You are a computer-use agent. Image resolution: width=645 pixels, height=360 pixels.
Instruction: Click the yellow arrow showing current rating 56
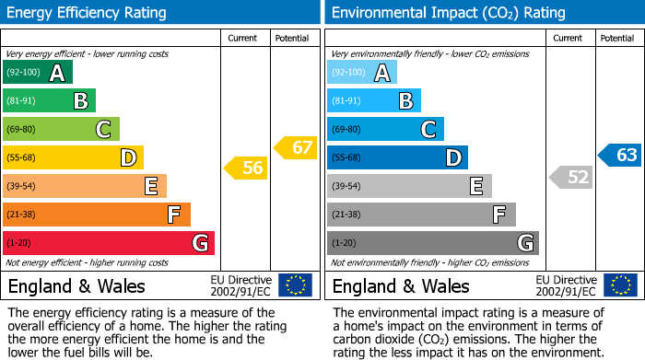(x=244, y=168)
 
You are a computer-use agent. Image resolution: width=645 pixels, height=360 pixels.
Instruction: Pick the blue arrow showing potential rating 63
(x=619, y=155)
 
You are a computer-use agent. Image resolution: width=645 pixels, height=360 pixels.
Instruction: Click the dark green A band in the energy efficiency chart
(x=38, y=73)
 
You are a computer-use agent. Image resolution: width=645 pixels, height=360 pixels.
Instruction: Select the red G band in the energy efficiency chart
(x=109, y=243)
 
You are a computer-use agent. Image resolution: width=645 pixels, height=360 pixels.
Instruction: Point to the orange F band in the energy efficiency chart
(x=97, y=215)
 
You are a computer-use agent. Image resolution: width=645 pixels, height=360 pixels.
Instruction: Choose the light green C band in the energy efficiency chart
(x=62, y=130)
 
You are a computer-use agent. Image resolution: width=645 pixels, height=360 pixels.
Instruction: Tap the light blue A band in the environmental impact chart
(x=362, y=73)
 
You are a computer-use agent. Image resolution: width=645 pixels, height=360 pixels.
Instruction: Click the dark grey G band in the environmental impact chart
(x=432, y=243)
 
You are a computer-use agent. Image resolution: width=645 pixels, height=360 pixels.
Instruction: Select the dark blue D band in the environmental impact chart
(x=397, y=158)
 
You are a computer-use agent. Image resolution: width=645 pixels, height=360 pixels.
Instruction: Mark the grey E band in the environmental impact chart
(x=409, y=186)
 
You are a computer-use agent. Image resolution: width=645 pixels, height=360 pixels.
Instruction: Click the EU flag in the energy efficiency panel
(x=295, y=285)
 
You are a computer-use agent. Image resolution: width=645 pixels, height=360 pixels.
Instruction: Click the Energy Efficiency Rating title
(x=87, y=13)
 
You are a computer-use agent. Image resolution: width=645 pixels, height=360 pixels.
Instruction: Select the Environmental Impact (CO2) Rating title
(x=448, y=13)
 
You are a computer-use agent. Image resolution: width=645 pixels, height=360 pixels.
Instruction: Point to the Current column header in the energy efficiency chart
(x=244, y=38)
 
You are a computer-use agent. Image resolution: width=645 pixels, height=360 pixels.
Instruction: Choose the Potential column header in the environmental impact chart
(x=617, y=38)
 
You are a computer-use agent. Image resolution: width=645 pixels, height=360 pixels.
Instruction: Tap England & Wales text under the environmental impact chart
(x=401, y=285)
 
